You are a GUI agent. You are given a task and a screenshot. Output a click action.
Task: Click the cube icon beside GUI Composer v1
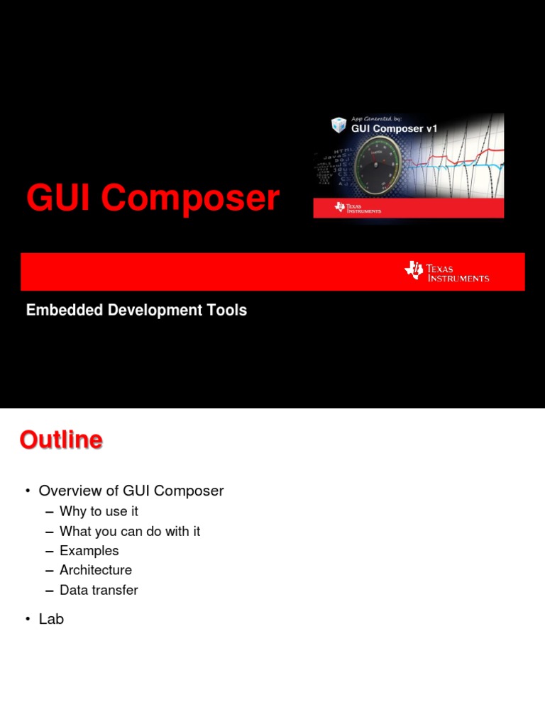(338, 126)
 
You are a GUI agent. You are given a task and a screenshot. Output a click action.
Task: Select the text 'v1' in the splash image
(430, 128)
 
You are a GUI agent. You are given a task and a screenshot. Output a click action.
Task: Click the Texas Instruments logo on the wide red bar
(447, 272)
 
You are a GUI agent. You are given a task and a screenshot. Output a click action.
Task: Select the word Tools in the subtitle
(228, 310)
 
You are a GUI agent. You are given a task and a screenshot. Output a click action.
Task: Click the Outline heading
(61, 440)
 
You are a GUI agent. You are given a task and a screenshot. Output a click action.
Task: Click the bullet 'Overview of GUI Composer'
(131, 491)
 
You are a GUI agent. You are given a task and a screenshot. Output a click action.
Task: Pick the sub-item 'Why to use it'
(99, 511)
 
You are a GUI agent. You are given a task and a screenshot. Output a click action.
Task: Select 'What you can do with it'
(130, 531)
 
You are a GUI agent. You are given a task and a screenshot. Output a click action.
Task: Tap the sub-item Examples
(89, 551)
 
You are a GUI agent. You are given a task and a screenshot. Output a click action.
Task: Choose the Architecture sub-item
(96, 570)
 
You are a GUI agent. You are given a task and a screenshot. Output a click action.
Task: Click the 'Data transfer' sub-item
(99, 590)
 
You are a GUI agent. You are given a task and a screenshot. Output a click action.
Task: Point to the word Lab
(51, 619)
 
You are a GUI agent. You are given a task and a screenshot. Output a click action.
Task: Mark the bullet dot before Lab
(27, 620)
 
